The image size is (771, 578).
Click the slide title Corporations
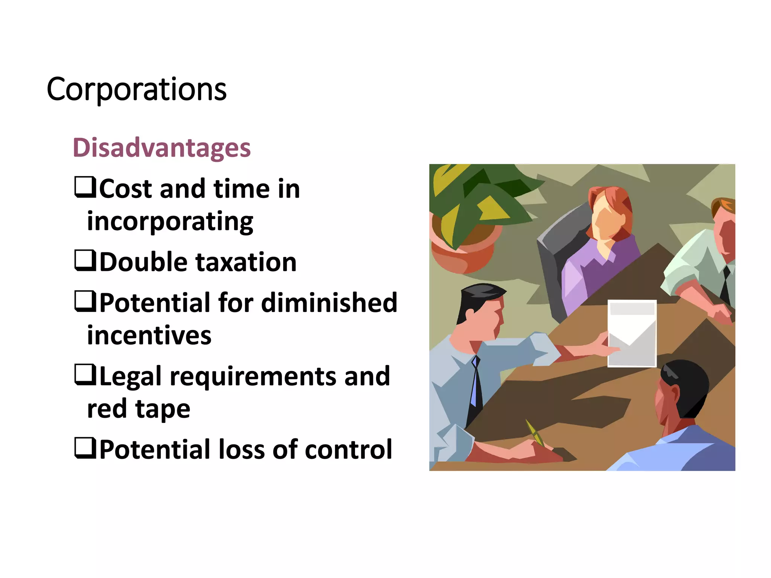coord(136,90)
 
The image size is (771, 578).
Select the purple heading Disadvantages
coord(162,148)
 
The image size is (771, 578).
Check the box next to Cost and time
coord(85,187)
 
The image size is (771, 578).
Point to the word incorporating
coord(170,222)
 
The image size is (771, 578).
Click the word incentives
coord(149,336)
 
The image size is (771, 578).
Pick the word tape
coord(163,409)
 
